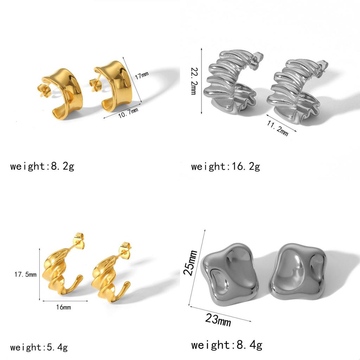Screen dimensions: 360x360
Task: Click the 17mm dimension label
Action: click(142, 75)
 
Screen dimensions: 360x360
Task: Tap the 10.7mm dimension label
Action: click(128, 113)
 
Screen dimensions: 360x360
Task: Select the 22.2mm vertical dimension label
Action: click(194, 81)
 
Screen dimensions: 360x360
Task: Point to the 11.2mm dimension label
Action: click(278, 128)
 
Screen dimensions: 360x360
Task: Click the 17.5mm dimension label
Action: click(25, 274)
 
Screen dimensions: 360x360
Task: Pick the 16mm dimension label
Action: click(64, 307)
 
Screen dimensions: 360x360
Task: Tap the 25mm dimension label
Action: click(190, 262)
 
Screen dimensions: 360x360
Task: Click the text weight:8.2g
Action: click(42, 166)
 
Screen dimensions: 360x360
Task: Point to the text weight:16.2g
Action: click(225, 166)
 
